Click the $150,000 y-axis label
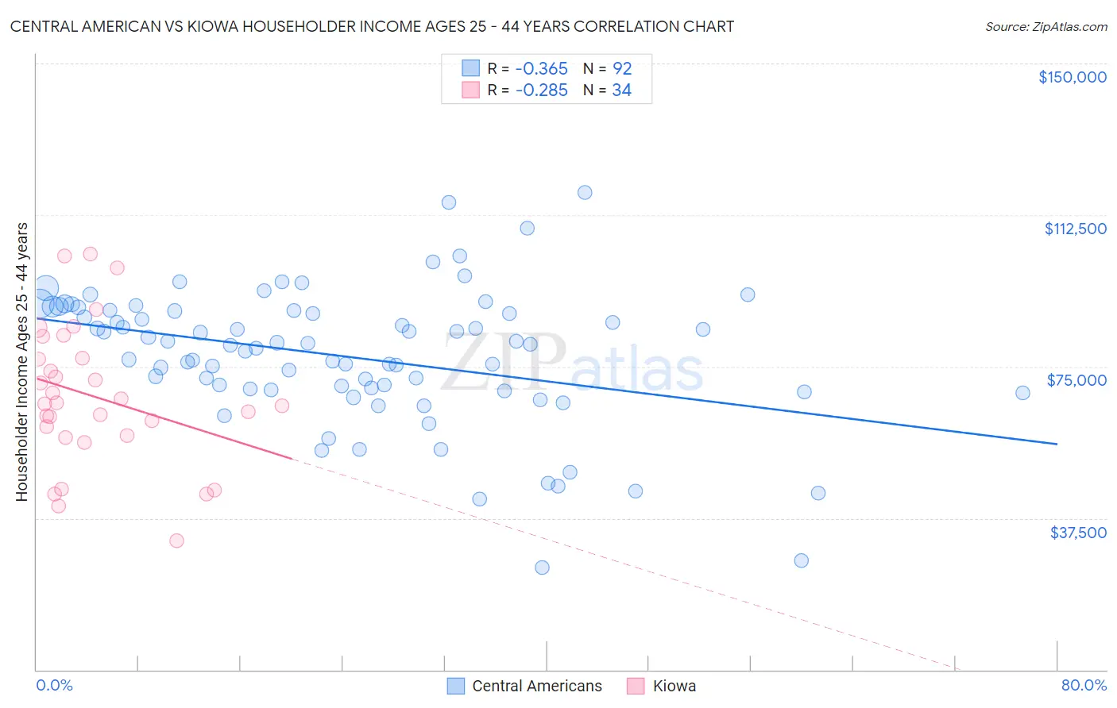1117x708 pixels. pyautogui.click(x=1072, y=77)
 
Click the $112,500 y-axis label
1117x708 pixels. pyautogui.click(x=1075, y=229)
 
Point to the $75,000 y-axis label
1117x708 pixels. pyautogui.click(x=1076, y=380)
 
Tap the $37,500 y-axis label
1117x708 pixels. pyautogui.click(x=1077, y=533)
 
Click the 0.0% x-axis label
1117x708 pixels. pyautogui.click(x=54, y=685)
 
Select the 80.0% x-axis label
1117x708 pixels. pyautogui.click(x=1084, y=685)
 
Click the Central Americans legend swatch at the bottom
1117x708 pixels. pyautogui.click(x=455, y=686)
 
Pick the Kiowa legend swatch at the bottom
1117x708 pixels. pyautogui.click(x=636, y=686)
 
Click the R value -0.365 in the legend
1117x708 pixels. pyautogui.click(x=541, y=68)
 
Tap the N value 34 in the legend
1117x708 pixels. pyautogui.click(x=621, y=90)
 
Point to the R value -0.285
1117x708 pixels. pyautogui.click(x=541, y=90)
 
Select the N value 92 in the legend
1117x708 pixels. pyautogui.click(x=622, y=68)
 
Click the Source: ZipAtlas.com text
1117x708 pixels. pyautogui.click(x=1045, y=26)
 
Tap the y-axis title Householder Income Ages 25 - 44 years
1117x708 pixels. pyautogui.click(x=21, y=362)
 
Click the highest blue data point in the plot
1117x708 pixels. pyautogui.click(x=585, y=192)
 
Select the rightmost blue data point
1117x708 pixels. pyautogui.click(x=1022, y=393)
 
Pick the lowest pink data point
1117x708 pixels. pyautogui.click(x=176, y=541)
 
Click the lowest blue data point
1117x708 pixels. pyautogui.click(x=542, y=568)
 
